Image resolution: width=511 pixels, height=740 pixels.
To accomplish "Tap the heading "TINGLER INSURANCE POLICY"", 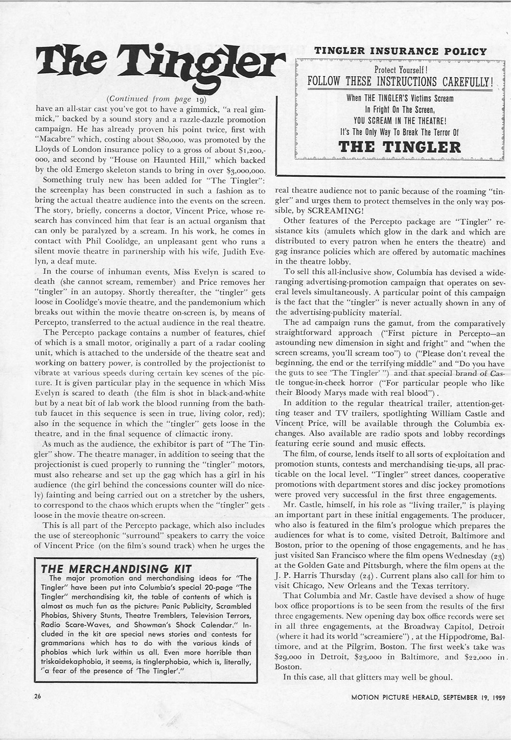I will (400, 51).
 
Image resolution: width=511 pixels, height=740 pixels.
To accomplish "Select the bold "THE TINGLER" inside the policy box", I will (400, 147).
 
